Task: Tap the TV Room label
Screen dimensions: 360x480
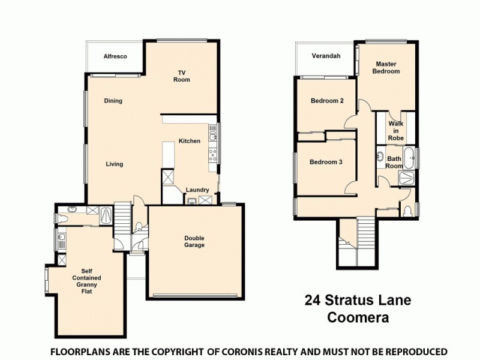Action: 182,76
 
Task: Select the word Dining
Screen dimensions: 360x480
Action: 113,101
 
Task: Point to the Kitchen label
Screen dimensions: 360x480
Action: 190,141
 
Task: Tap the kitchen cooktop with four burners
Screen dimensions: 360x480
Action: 212,155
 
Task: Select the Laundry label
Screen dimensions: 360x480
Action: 197,190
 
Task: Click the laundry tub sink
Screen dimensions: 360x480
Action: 205,200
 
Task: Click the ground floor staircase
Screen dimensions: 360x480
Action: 122,213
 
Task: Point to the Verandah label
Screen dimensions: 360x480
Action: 326,56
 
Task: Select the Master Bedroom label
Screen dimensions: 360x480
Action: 387,67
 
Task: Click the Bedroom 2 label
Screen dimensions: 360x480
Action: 326,101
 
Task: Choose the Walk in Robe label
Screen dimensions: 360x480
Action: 395,130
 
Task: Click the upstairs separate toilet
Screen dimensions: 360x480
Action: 408,211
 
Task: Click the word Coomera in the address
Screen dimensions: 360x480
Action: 358,317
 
